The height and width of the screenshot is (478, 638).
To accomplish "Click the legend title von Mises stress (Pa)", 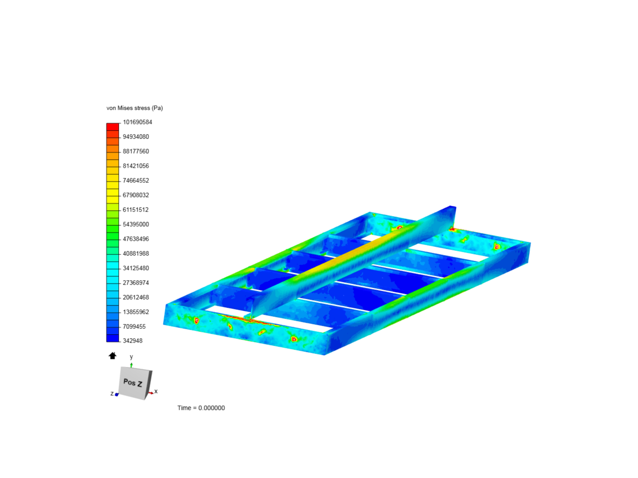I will (135, 108).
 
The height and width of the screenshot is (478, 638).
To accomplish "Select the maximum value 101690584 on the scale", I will (137, 122).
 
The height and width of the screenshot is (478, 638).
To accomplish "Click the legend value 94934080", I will (136, 137).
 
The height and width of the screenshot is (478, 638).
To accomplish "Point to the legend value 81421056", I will (136, 166).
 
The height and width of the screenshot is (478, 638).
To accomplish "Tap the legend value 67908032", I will (136, 195).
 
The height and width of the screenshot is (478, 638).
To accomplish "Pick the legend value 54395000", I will (136, 224).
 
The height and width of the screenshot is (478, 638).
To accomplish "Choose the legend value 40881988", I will (136, 254).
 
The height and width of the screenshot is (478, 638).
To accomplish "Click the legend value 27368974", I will (136, 283).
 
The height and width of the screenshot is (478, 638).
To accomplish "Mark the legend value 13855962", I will (136, 312).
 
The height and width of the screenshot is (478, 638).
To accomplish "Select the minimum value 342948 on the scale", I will (132, 341).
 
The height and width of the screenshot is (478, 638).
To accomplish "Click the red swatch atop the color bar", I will (113, 127).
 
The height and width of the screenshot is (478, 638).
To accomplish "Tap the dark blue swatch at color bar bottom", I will (113, 338).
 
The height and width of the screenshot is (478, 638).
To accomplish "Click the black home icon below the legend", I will (113, 356).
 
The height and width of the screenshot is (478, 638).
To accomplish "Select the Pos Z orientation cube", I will (134, 382).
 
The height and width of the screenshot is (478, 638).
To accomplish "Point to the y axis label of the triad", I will (131, 357).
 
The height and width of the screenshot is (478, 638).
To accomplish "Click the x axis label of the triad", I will (156, 391).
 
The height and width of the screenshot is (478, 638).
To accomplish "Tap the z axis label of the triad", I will (112, 393).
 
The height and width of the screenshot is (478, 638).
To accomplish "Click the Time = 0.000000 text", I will (201, 408).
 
